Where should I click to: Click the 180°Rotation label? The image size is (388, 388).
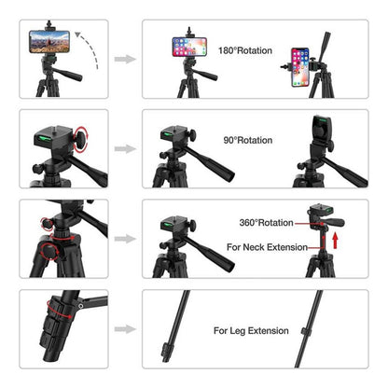point(245,50)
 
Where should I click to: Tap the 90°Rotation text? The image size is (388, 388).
point(248,140)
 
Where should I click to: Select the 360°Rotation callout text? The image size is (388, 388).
point(266,223)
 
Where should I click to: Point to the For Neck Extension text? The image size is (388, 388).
point(267,247)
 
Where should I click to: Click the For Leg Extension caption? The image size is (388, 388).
point(251,330)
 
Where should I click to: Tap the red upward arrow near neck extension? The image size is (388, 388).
point(335,241)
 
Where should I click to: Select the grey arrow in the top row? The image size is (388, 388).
point(125,59)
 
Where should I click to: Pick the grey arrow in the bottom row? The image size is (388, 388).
point(125,329)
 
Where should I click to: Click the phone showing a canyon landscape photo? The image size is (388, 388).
point(49,42)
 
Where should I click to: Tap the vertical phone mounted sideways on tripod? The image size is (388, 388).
point(300,67)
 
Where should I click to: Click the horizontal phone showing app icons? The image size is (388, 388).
point(189,47)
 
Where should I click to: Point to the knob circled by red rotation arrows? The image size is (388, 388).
point(81,139)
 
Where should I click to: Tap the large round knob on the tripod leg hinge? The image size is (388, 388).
point(49,251)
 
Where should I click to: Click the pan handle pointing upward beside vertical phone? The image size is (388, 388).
point(325,46)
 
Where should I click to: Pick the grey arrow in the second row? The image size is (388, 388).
point(125,149)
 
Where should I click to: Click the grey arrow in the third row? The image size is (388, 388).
point(125,239)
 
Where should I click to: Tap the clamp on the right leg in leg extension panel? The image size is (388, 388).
point(306,331)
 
